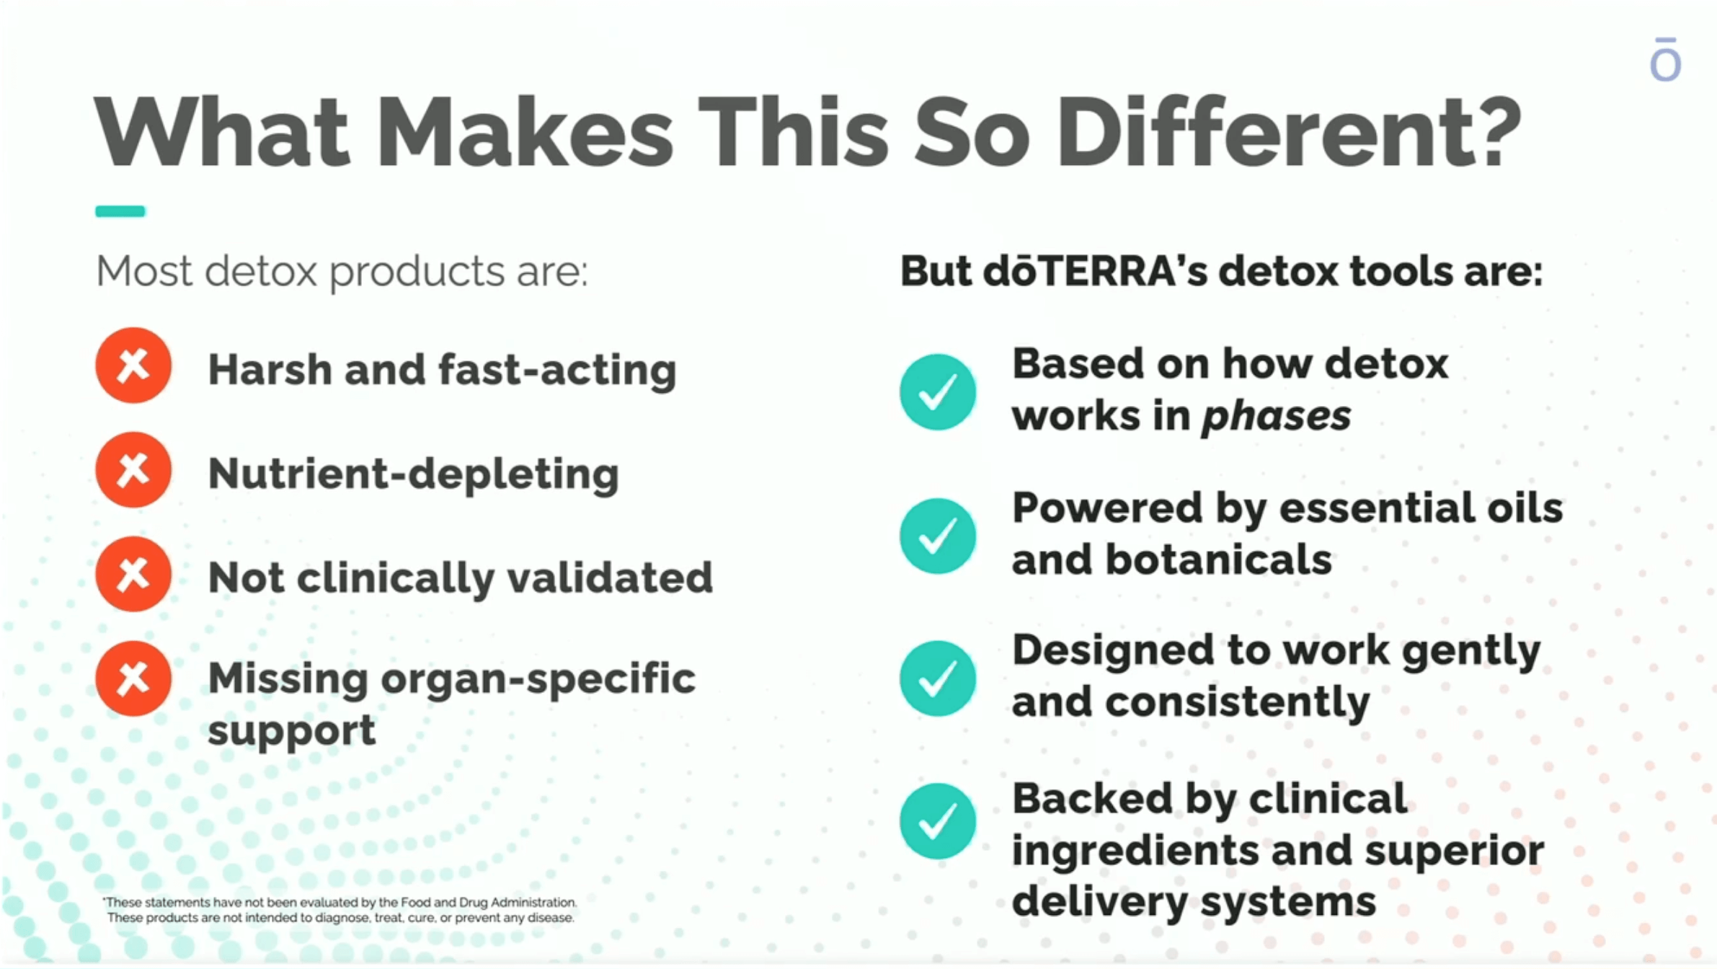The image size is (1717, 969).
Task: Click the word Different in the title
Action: click(1289, 133)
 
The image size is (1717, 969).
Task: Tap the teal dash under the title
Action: click(120, 211)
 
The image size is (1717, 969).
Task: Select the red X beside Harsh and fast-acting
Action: click(133, 366)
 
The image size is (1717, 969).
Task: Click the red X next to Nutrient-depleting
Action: click(133, 470)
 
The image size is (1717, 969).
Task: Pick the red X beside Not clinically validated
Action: click(133, 575)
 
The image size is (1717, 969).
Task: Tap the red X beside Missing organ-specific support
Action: click(133, 678)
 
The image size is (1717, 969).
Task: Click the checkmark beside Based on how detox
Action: click(938, 392)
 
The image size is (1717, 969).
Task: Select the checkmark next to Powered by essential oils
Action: click(938, 536)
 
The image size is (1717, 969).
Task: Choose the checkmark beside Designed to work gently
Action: click(938, 678)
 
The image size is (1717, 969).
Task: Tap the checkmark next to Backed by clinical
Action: click(938, 821)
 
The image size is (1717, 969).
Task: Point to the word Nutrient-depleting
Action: click(413, 474)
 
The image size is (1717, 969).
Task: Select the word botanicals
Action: click(1218, 559)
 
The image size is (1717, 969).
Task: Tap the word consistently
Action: click(1237, 703)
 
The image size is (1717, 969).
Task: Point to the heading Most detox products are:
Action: click(342, 273)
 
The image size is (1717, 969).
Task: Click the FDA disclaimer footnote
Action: click(340, 910)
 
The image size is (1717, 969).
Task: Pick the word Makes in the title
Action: click(525, 133)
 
